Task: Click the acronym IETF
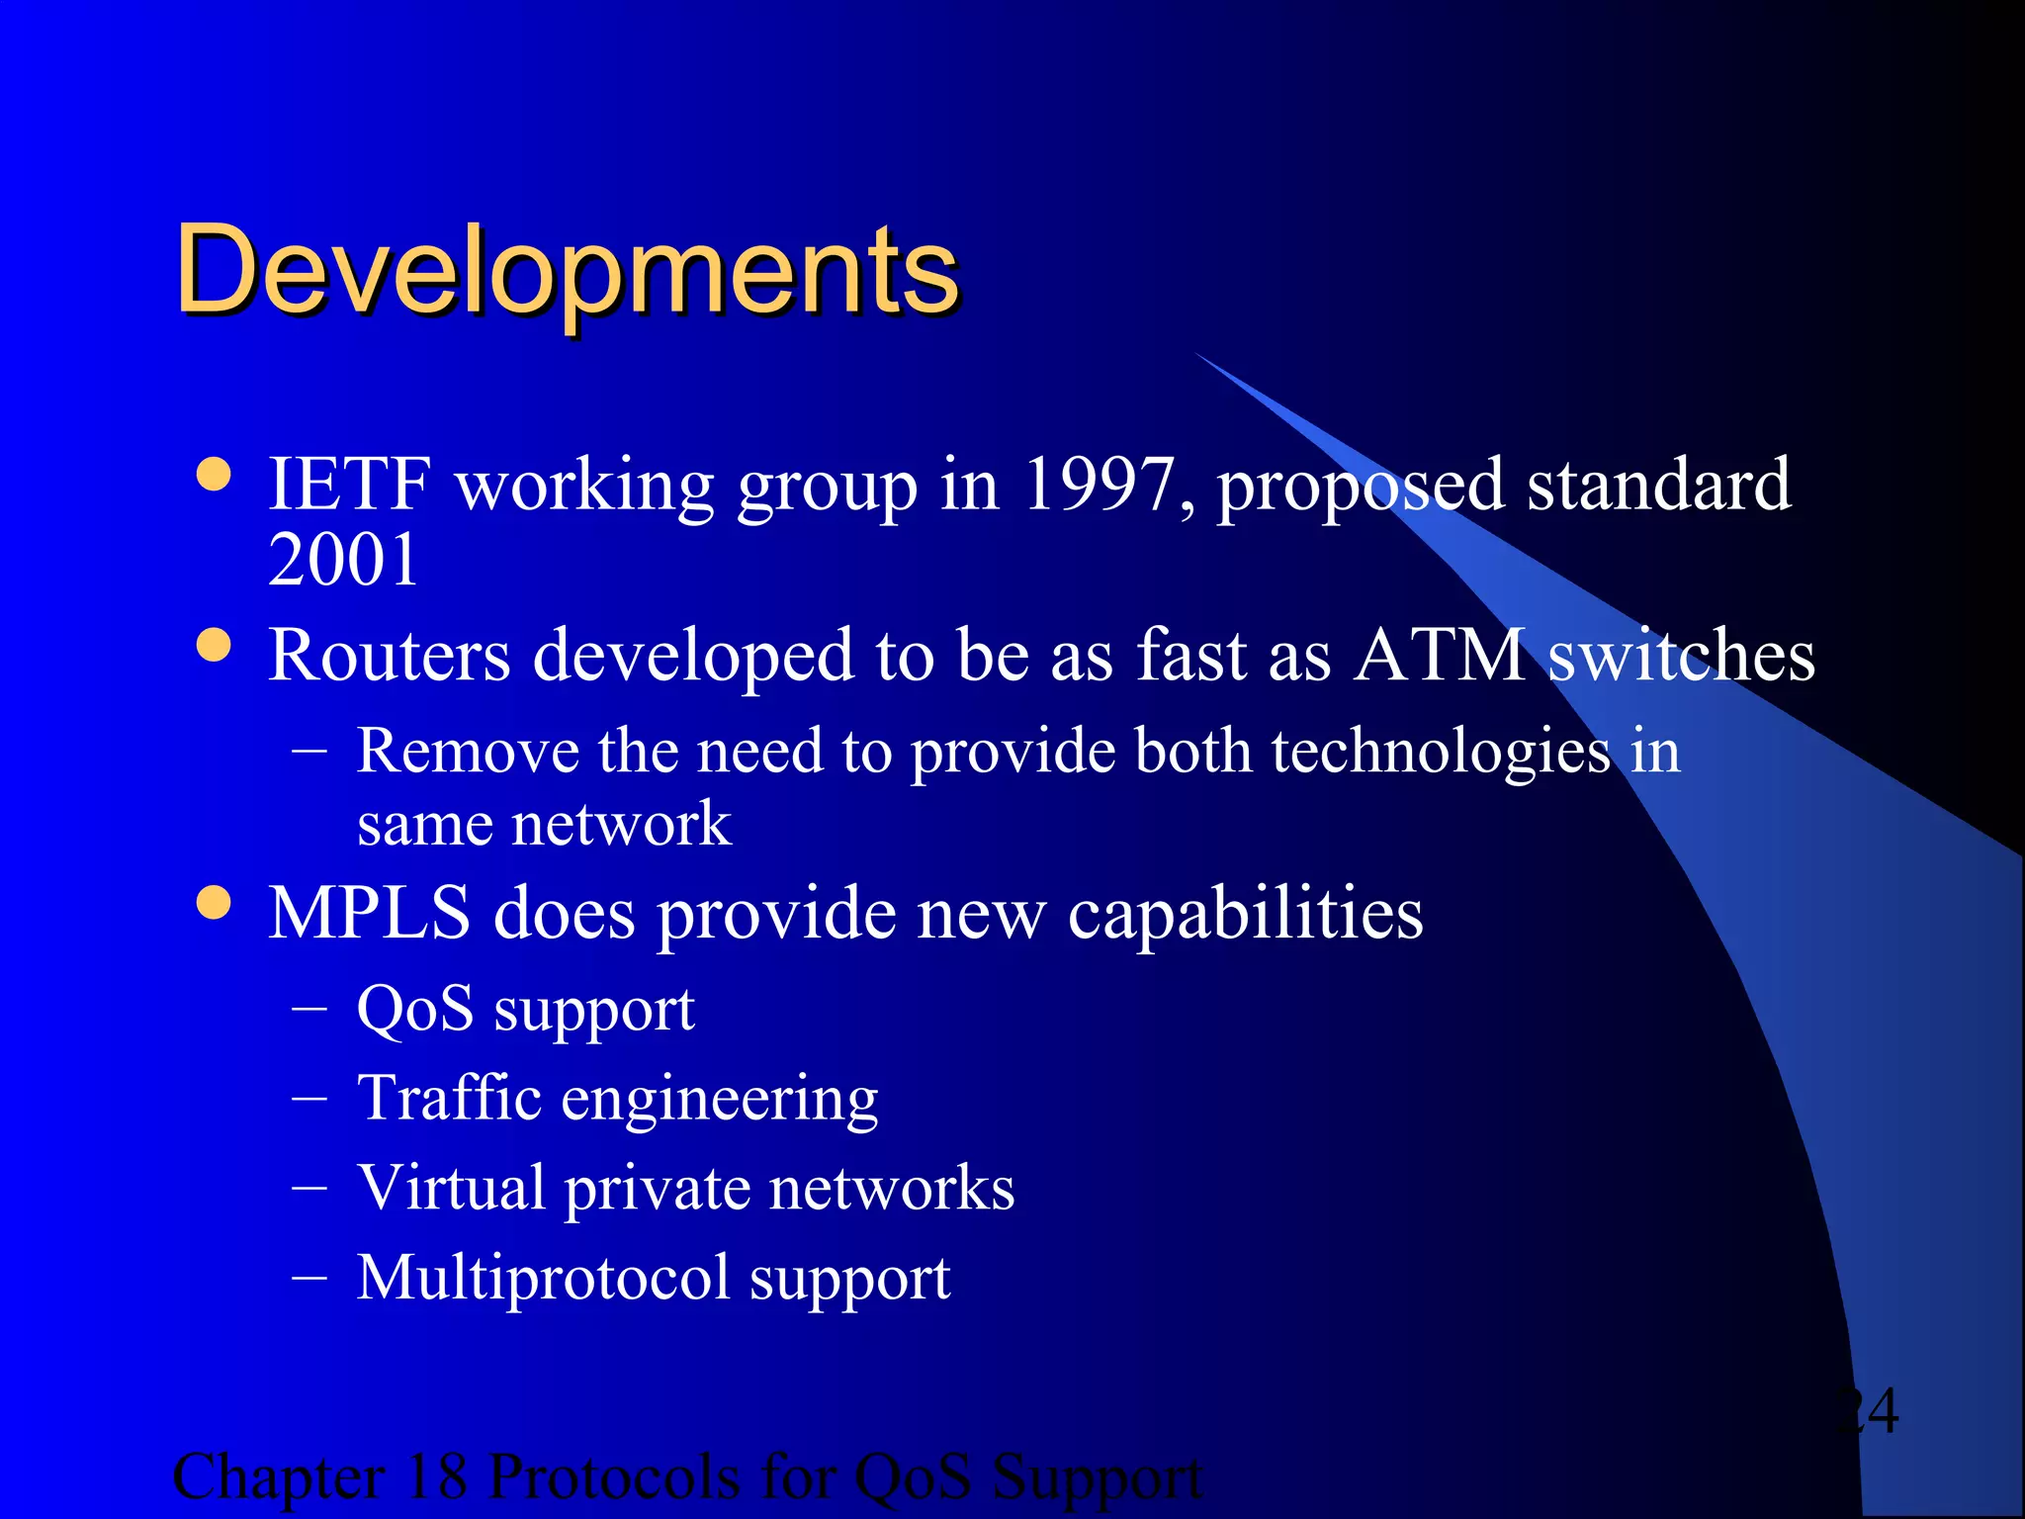pyautogui.click(x=349, y=485)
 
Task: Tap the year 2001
pyautogui.click(x=342, y=560)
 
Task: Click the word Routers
pyautogui.click(x=390, y=655)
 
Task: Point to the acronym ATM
pyautogui.click(x=1440, y=655)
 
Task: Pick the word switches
pyautogui.click(x=1681, y=655)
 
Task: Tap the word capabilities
pyautogui.click(x=1245, y=912)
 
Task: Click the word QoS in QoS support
pyautogui.click(x=415, y=1009)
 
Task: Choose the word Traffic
pyautogui.click(x=450, y=1098)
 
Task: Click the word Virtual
pyautogui.click(x=451, y=1187)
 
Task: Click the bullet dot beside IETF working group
pyautogui.click(x=214, y=475)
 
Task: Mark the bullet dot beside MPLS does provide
pyautogui.click(x=214, y=902)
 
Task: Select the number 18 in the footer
pyautogui.click(x=436, y=1477)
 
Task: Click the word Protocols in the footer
pyautogui.click(x=614, y=1477)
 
